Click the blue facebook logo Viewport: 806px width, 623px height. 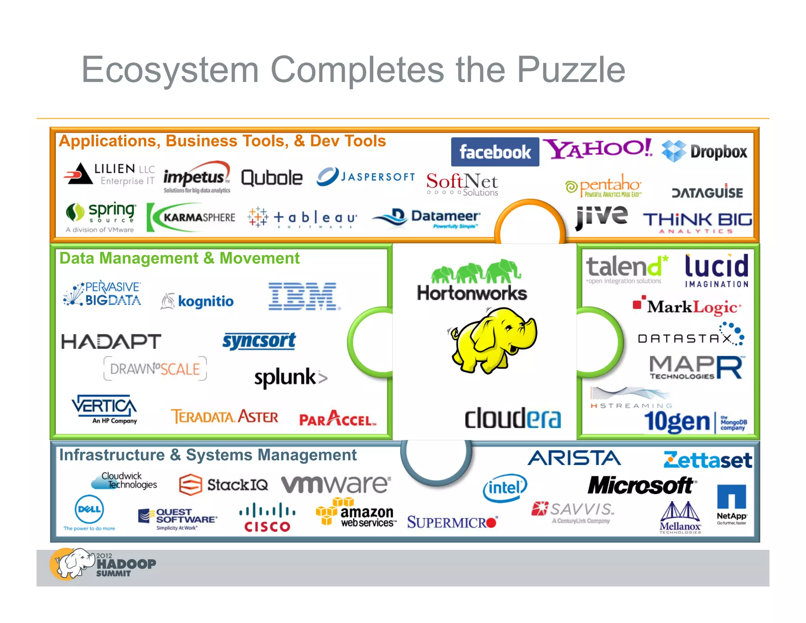(495, 152)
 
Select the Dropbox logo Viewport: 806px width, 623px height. (704, 152)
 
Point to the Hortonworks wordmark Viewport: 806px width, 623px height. (472, 293)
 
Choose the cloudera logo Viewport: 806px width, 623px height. (512, 418)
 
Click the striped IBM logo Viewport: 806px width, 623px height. (303, 296)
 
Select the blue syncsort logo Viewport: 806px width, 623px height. (259, 341)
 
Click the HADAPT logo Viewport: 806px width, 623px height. (111, 341)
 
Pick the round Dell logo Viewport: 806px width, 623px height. (89, 509)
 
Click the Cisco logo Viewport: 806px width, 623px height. (267, 517)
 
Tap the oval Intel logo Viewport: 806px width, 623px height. (505, 488)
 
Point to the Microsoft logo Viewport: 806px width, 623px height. (641, 485)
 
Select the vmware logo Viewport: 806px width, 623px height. (336, 484)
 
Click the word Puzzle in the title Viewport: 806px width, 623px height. (571, 70)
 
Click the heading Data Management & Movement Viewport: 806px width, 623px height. (179, 258)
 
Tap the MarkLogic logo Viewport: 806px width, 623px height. (687, 307)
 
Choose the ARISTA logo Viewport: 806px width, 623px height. (574, 458)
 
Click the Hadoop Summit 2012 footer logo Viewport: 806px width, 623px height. (103, 564)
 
